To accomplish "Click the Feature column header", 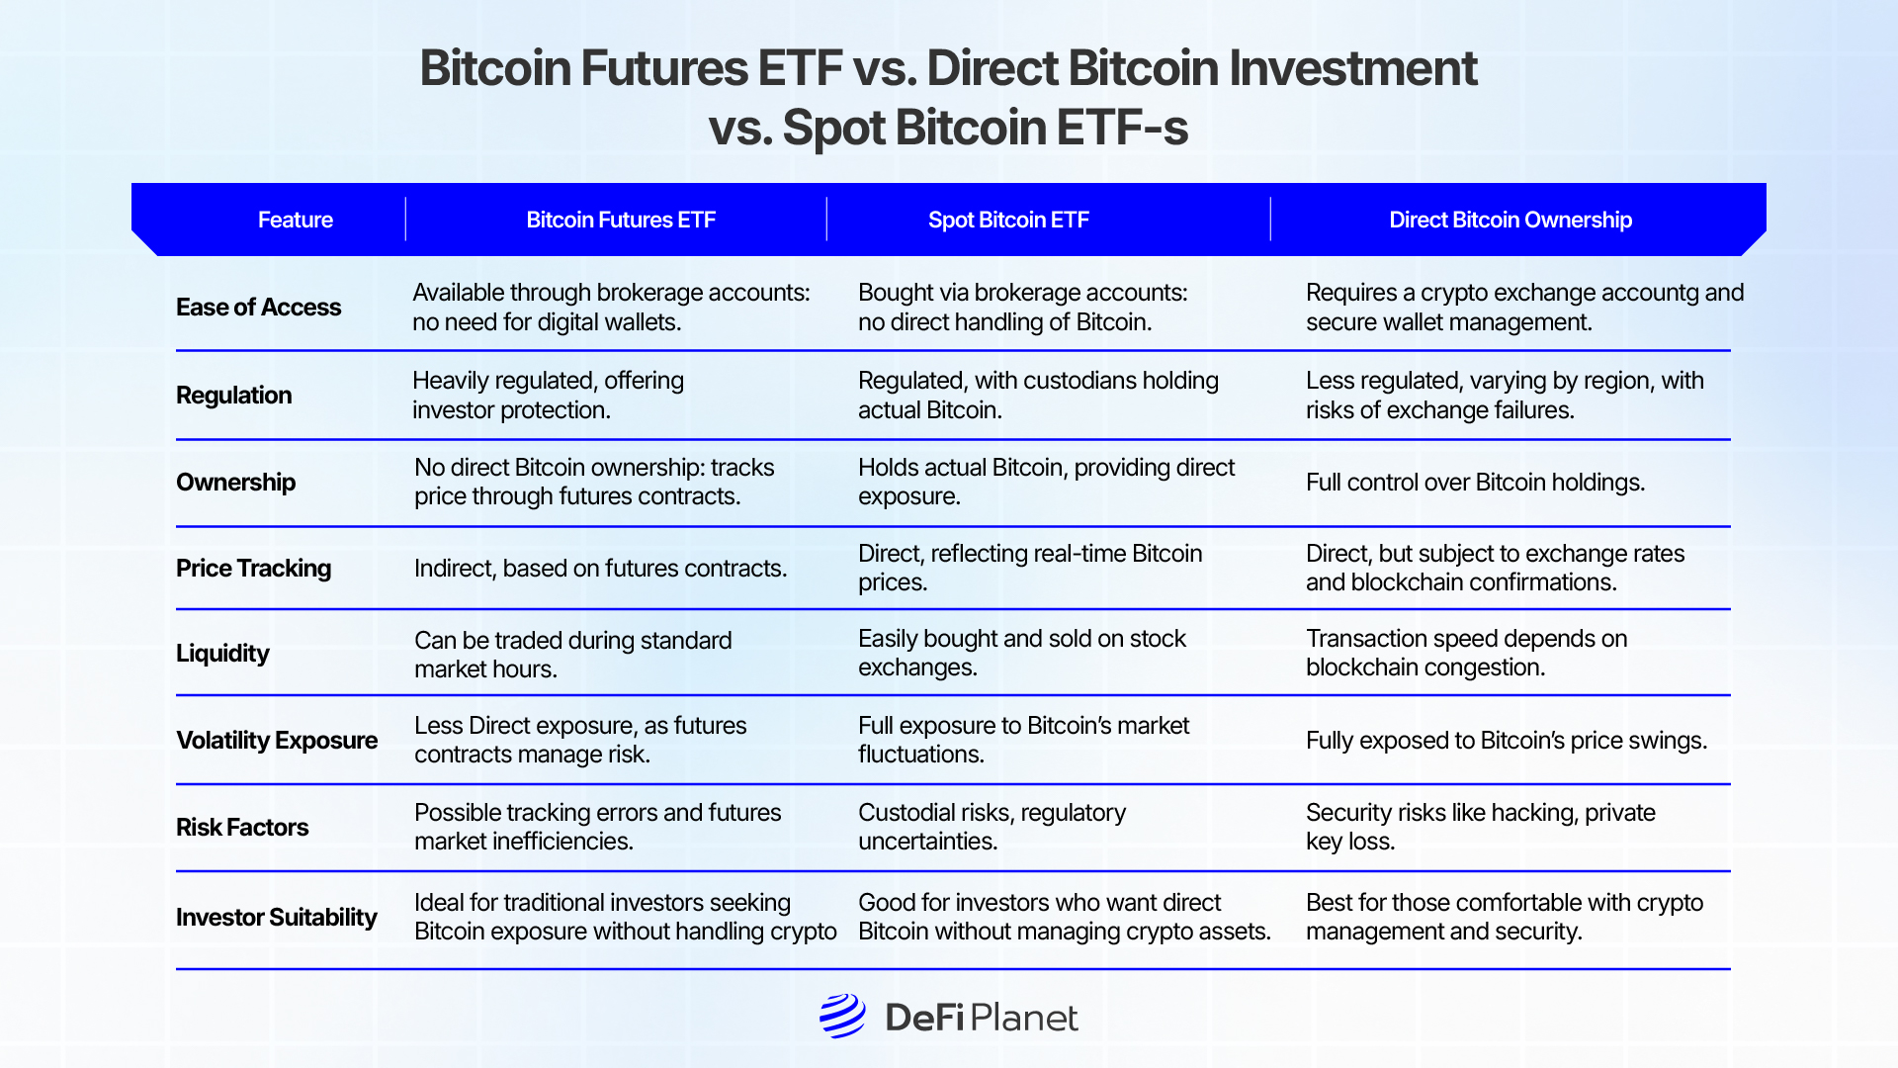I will [295, 220].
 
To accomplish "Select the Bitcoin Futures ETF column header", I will [620, 220].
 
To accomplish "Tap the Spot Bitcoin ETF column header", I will [1007, 220].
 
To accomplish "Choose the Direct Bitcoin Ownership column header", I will [1510, 220].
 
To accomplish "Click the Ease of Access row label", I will [258, 308].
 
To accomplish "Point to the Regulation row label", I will [233, 396].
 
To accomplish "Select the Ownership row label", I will [235, 483].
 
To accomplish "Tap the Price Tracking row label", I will [253, 569].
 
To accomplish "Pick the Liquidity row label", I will [222, 654].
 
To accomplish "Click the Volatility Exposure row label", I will [277, 741].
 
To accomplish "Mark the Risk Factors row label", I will [242, 828].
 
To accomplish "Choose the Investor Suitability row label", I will [277, 918].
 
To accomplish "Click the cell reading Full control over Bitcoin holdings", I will [1475, 483].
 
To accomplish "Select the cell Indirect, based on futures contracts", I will [600, 569].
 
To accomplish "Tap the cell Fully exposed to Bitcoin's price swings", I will [1506, 741].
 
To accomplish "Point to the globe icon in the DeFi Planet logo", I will [842, 1016].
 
